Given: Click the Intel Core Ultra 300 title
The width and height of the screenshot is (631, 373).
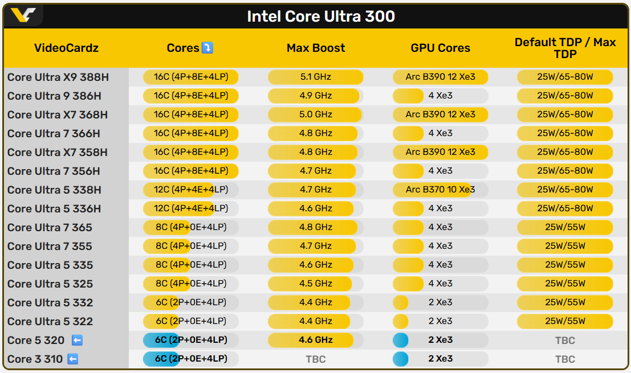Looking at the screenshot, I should (321, 16).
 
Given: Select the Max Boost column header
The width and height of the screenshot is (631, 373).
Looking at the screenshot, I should (316, 48).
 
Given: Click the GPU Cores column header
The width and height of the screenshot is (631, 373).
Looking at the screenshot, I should (441, 48).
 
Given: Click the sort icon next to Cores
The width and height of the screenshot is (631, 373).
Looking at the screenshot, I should (207, 48).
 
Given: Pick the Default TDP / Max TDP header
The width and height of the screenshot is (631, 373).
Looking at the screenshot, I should (565, 48).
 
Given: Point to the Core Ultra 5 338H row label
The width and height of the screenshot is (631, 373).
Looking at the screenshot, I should (54, 190).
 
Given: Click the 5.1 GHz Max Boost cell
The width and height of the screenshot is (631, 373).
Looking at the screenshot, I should (316, 77).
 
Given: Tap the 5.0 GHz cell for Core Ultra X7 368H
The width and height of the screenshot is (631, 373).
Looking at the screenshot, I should (316, 114).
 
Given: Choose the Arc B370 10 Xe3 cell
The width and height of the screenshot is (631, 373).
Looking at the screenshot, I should (441, 190).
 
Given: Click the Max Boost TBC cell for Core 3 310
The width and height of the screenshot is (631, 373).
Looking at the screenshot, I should (316, 359).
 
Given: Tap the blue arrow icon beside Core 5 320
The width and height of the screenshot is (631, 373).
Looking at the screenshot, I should (77, 340).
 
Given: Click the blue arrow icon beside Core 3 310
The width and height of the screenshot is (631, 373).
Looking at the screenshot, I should (72, 359).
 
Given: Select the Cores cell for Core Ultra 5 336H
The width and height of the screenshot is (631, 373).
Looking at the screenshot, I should (190, 208).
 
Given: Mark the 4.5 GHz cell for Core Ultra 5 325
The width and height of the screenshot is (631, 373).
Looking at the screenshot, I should (316, 284).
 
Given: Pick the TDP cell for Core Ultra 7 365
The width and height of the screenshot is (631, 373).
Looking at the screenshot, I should (565, 227).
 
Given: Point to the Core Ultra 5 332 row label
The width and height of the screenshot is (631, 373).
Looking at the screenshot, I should (50, 302).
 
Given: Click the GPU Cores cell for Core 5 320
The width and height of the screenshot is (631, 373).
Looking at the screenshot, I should (441, 340).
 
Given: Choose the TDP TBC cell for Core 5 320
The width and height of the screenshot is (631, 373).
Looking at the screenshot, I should (565, 341).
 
